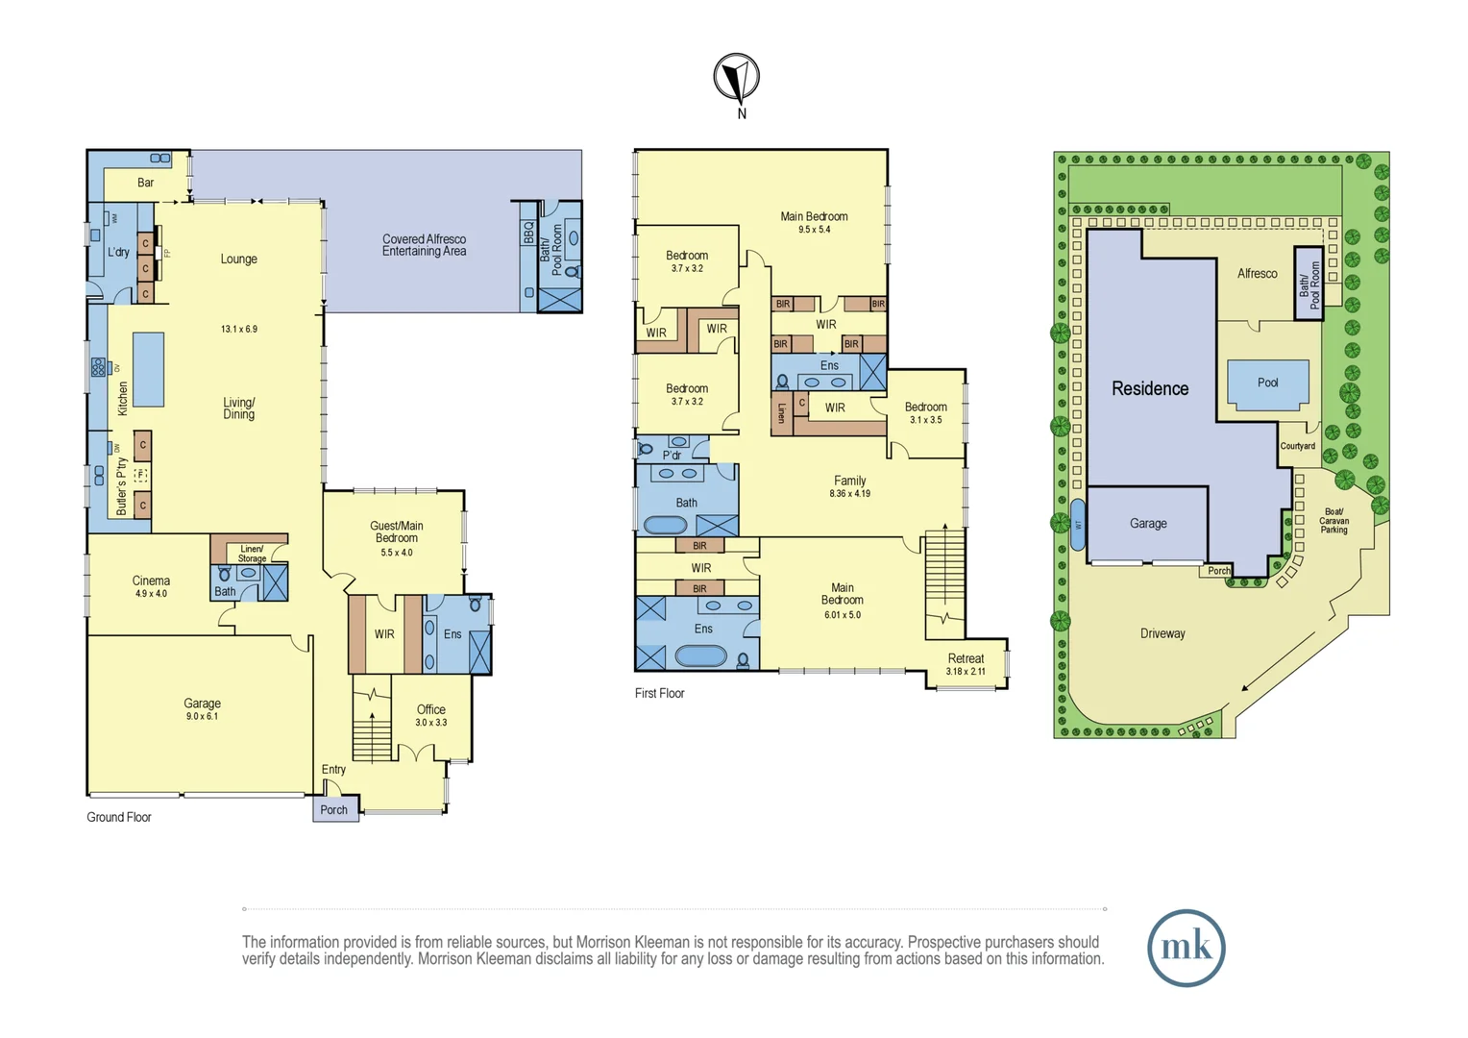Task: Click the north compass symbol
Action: coord(737,78)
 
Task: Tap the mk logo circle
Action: coord(1186,948)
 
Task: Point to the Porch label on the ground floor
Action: coord(334,809)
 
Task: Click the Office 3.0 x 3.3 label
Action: coord(430,715)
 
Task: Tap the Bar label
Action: coord(145,183)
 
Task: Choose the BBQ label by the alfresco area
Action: coord(528,233)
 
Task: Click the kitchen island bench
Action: coord(148,369)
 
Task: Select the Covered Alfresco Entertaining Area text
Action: coord(424,245)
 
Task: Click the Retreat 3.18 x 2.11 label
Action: coord(966,664)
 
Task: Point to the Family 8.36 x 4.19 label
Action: coord(849,486)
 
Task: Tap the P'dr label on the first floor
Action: coord(672,455)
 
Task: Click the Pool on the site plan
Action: coord(1267,383)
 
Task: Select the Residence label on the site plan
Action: coord(1150,388)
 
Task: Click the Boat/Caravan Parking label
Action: coord(1333,520)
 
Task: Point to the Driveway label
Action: coord(1162,633)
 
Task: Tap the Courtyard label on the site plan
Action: coord(1297,446)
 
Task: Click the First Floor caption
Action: coord(659,693)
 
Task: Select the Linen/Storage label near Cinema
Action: coord(252,554)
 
